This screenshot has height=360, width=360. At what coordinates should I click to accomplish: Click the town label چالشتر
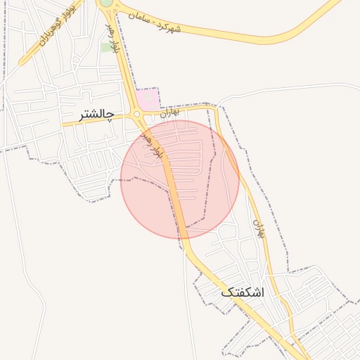(x=98, y=112)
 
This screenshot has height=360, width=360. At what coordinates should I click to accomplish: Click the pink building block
(x=148, y=99)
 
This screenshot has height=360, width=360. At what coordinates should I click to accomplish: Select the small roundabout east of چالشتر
(x=136, y=114)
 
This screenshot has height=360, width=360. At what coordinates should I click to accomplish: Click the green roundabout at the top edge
(x=106, y=3)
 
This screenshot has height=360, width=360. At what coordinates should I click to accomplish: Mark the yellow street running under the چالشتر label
(x=84, y=122)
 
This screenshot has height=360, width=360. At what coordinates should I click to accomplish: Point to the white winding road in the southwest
(x=28, y=281)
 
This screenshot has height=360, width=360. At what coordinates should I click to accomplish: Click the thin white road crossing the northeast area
(x=281, y=89)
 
